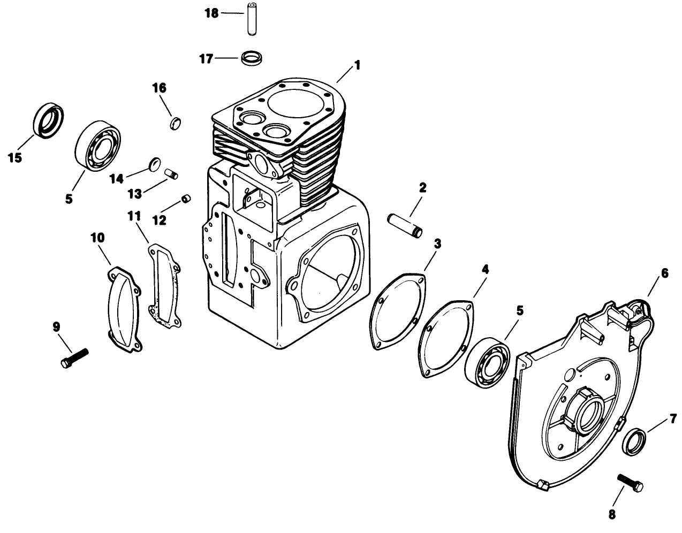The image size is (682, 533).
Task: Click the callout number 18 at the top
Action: tap(212, 13)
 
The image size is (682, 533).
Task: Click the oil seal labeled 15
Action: tap(48, 120)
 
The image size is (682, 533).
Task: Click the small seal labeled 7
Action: tap(635, 440)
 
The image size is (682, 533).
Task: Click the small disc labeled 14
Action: tap(154, 163)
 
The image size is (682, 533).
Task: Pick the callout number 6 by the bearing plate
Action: tap(664, 273)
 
